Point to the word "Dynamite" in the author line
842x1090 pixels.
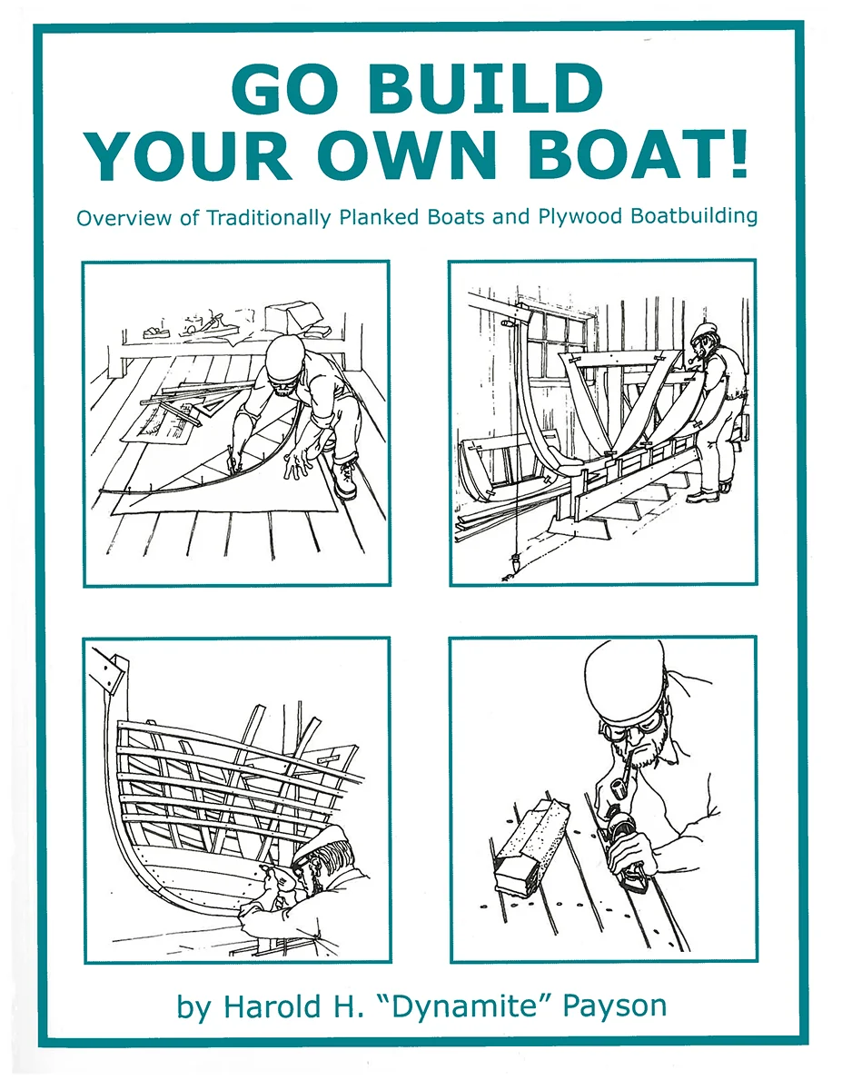point(461,1006)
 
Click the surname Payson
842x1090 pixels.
point(615,1007)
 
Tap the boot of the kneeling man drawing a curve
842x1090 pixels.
point(345,477)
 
